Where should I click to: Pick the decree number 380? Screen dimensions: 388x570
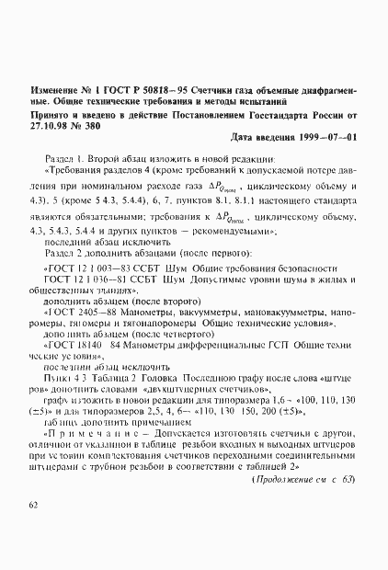coord(97,125)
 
